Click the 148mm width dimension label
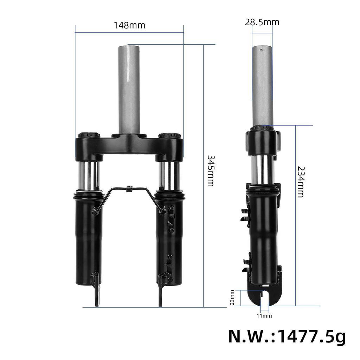coord(129,26)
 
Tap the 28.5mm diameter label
coord(262,22)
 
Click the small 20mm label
coord(232,297)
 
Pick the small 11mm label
coord(264,316)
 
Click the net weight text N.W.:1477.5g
coord(287,336)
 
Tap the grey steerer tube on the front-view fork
coord(129,88)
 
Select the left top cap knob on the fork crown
coord(89,135)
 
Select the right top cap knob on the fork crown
coord(169,135)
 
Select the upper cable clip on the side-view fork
coord(245,215)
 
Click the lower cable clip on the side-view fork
coord(245,262)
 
